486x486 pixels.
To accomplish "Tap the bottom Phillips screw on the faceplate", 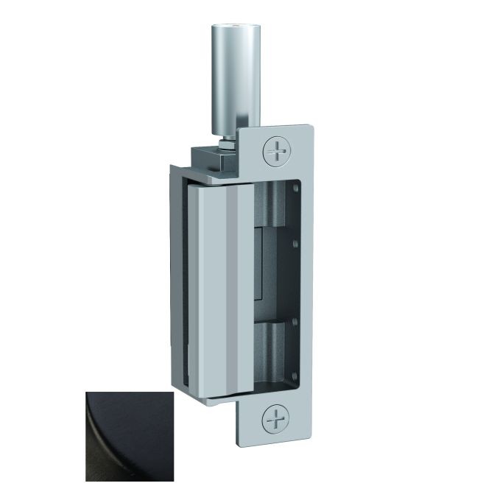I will pos(276,422).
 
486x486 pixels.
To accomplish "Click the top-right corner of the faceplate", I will pos(312,127).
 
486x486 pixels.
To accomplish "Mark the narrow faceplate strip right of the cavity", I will pos(306,287).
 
